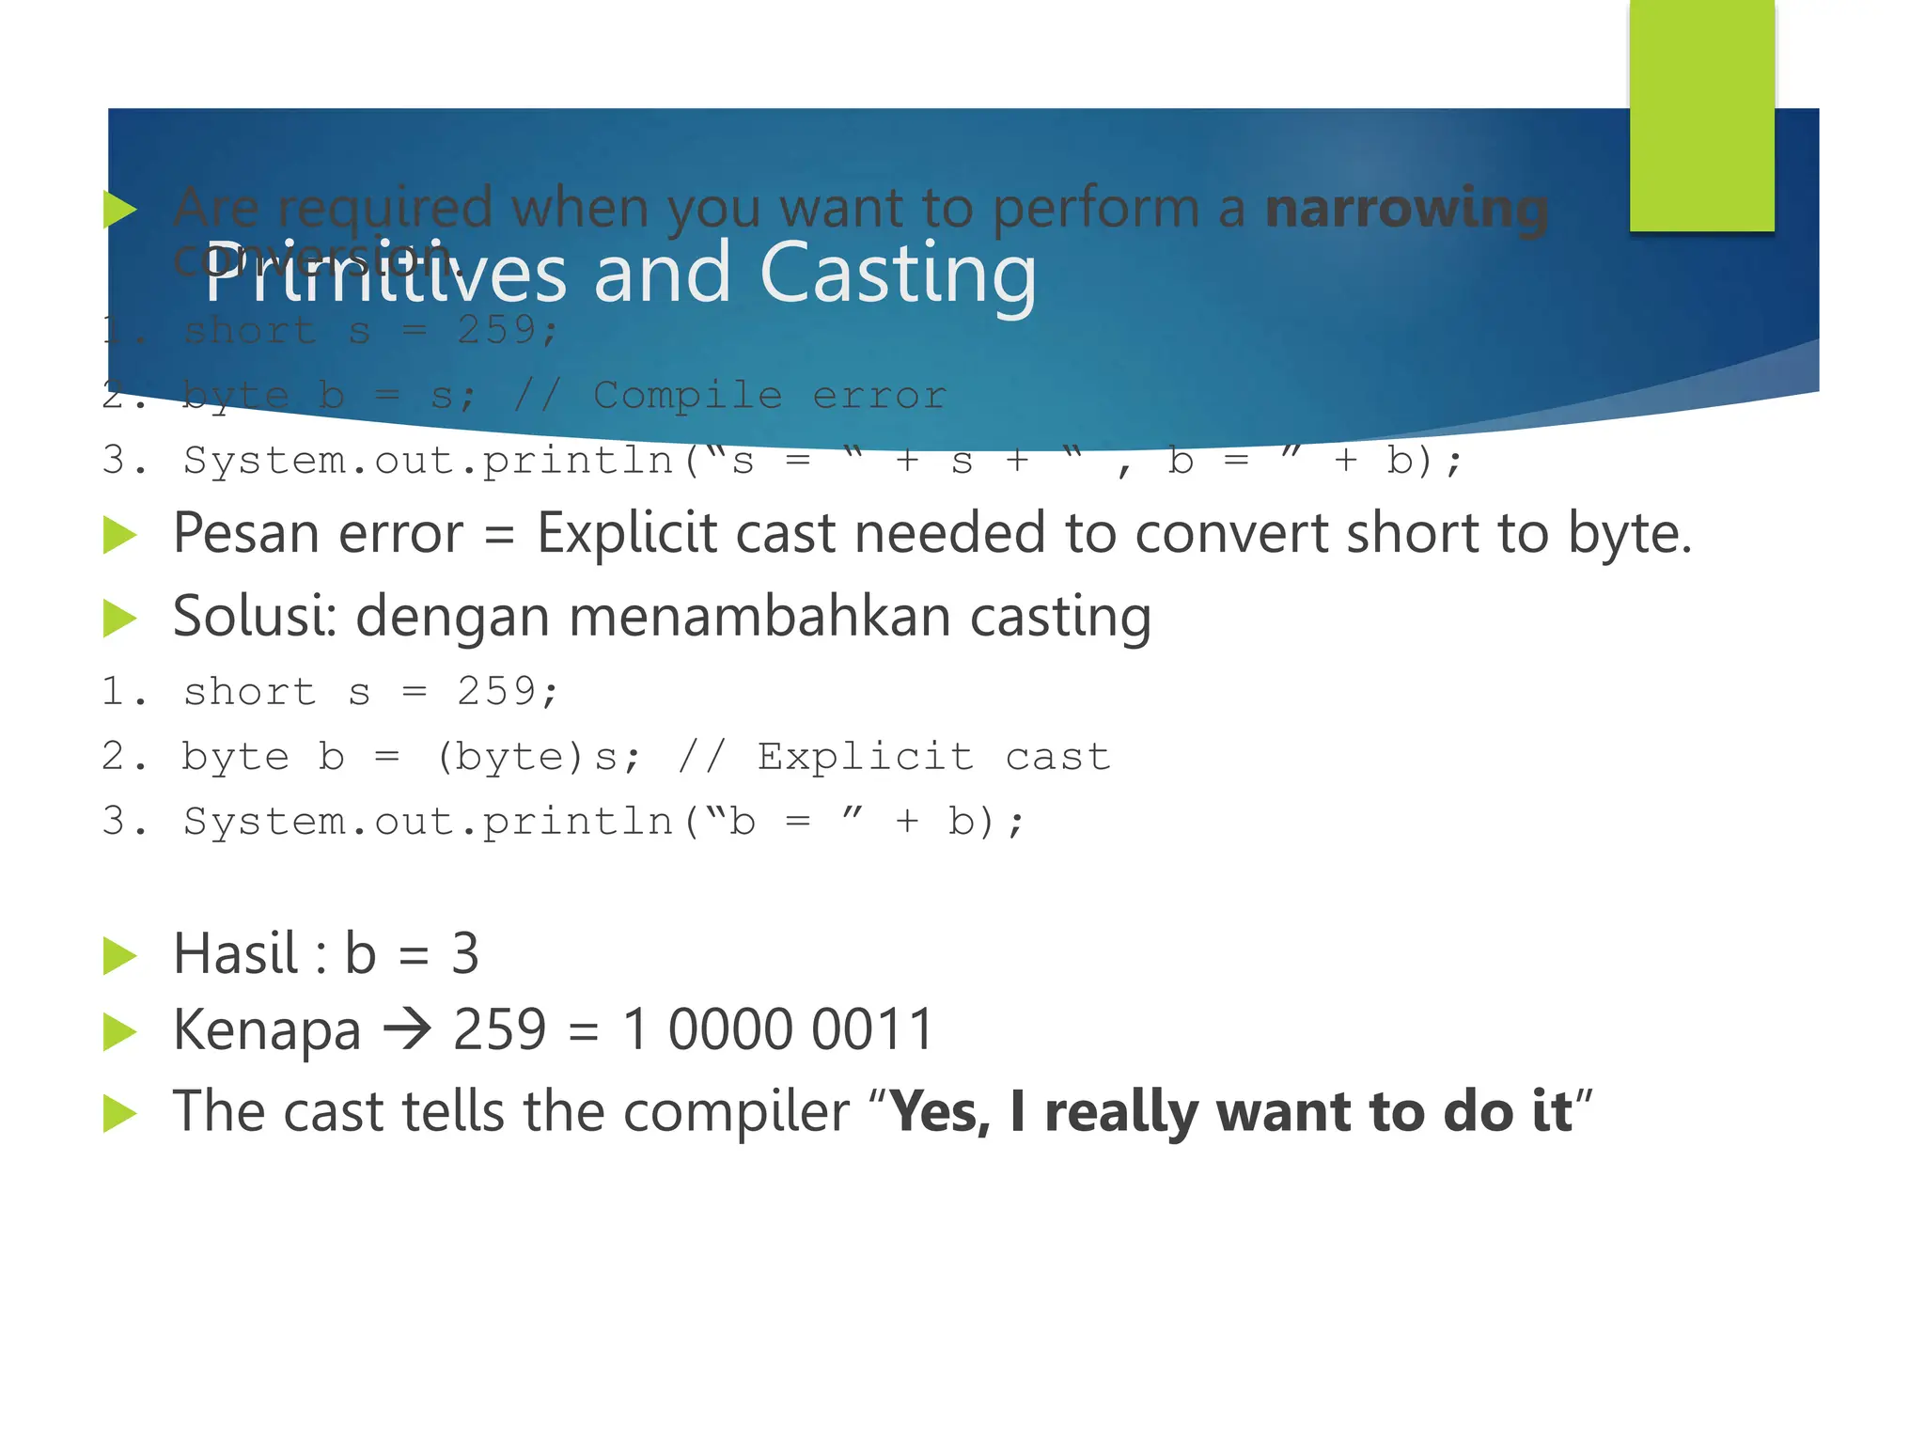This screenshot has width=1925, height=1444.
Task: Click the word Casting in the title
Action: [x=898, y=273]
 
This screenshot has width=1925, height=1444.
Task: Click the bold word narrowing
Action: [x=1406, y=209]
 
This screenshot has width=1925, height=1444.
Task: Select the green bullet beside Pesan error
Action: [x=120, y=536]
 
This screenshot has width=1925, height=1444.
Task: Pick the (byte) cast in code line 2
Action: [x=515, y=757]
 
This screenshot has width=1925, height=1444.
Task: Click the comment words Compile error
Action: [x=769, y=395]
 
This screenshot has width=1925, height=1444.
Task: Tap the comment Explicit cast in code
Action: [x=933, y=757]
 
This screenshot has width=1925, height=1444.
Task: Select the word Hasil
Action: [x=235, y=954]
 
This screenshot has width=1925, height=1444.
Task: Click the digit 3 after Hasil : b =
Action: [x=465, y=954]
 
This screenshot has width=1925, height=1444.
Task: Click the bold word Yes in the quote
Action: [x=938, y=1112]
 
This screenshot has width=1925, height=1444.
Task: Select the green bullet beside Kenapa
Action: [x=120, y=1032]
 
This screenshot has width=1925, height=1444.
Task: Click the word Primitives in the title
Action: [x=385, y=273]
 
